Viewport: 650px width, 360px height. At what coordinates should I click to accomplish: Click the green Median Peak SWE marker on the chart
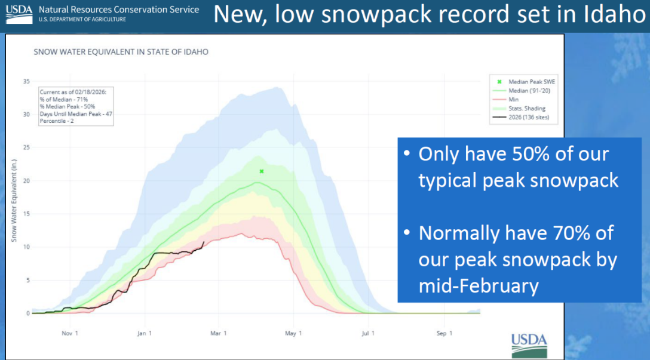(261, 171)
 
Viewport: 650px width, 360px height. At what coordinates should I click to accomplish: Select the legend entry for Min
(513, 99)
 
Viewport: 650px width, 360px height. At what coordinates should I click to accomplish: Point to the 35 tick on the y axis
(26, 81)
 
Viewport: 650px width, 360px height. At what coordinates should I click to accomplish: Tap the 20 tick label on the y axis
(26, 181)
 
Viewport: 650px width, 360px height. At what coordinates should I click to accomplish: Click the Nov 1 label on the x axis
(70, 333)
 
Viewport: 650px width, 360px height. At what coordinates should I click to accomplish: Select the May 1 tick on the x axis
(293, 333)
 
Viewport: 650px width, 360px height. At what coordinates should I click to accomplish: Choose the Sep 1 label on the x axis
(442, 333)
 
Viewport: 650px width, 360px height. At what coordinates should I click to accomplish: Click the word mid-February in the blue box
(479, 286)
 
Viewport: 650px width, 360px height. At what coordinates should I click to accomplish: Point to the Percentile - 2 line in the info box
(59, 122)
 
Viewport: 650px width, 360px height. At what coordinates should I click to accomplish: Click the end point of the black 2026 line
(204, 242)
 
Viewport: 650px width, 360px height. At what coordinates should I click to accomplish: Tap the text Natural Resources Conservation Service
(119, 10)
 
